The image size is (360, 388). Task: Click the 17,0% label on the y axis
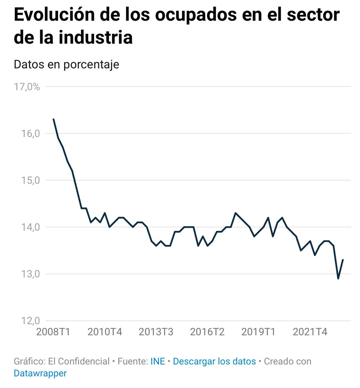point(27,87)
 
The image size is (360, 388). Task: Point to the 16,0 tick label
point(31,134)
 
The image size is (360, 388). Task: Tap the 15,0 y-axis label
point(31,180)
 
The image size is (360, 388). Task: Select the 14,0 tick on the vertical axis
point(31,227)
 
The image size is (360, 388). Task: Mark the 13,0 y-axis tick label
point(31,274)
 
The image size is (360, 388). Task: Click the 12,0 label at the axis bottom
point(31,321)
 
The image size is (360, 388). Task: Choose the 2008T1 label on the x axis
point(53,332)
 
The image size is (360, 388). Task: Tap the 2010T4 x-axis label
point(105,332)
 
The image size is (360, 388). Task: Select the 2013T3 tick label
point(156,332)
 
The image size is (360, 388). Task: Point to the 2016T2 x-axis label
point(207,332)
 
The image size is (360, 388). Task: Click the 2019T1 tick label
point(258,332)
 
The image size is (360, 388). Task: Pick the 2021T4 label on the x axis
point(310,332)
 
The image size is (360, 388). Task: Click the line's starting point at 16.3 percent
point(53,119)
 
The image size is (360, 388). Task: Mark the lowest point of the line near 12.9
point(338,278)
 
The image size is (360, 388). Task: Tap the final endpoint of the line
point(343,260)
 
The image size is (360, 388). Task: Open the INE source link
point(158,361)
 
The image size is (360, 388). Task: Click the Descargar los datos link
point(214,361)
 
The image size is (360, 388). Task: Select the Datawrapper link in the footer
point(40,373)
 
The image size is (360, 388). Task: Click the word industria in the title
point(96,38)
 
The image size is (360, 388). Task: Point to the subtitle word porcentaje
point(91,64)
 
